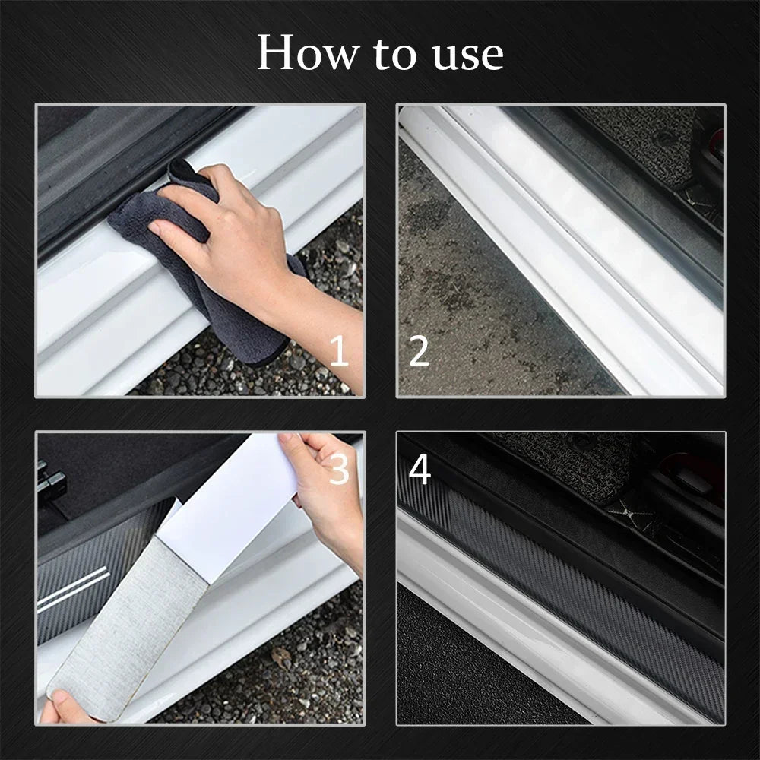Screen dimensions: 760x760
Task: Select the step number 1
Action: (x=339, y=352)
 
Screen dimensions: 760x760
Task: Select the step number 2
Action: (x=419, y=352)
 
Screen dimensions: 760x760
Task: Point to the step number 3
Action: (x=339, y=470)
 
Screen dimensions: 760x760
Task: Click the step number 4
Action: (x=420, y=470)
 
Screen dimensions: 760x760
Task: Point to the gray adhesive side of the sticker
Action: (x=129, y=623)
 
